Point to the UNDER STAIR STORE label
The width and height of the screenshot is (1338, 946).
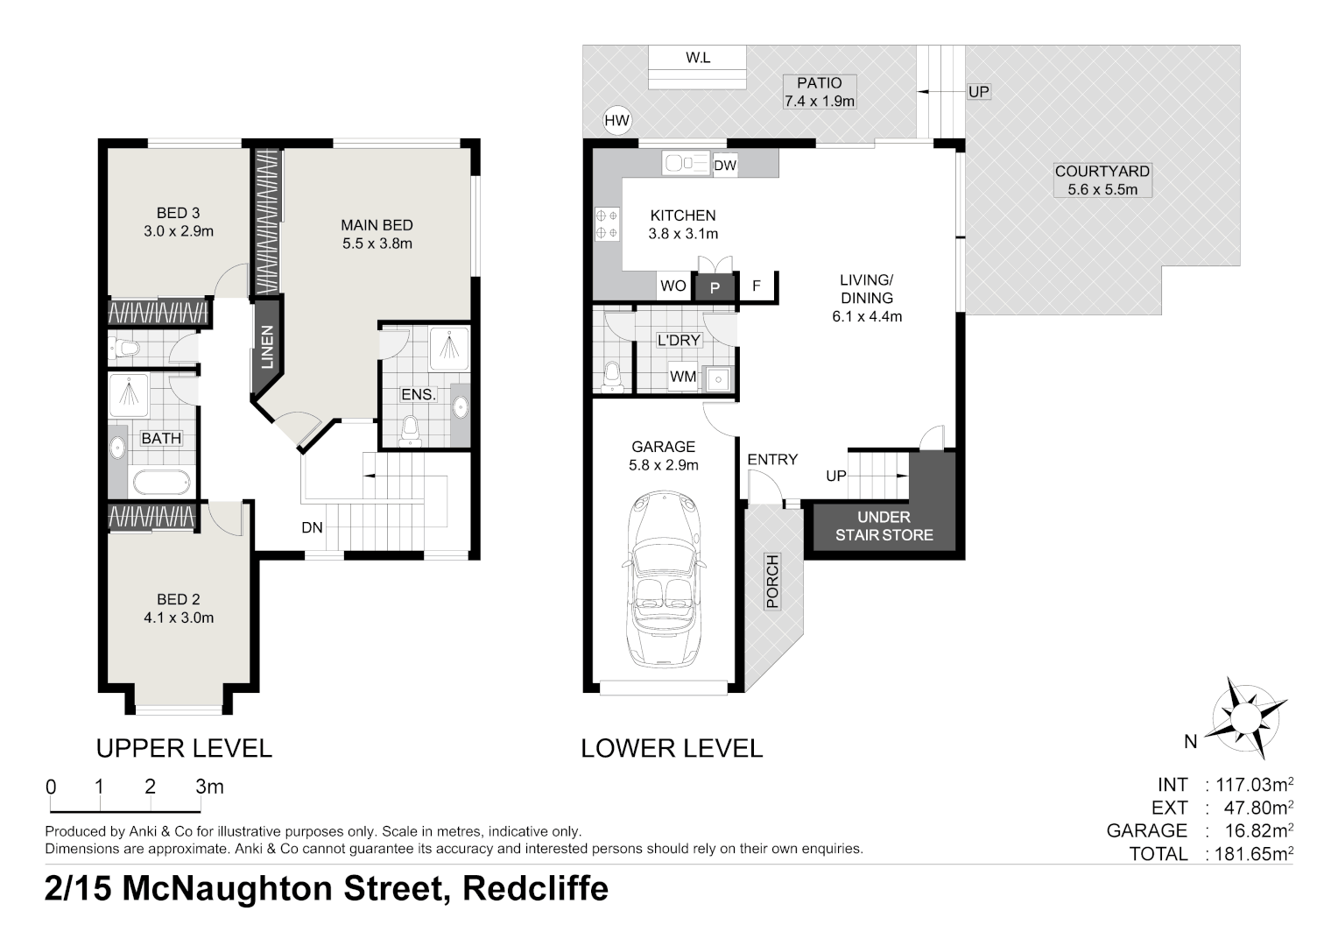coord(884,526)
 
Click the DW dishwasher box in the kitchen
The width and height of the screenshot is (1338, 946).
coord(724,166)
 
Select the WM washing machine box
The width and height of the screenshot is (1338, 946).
coord(683,377)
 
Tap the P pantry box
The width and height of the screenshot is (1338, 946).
coord(715,286)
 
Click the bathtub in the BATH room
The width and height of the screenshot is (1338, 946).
coord(161,483)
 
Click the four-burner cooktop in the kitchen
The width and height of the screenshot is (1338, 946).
coord(607,223)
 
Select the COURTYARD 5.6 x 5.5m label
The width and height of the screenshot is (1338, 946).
coord(1102,180)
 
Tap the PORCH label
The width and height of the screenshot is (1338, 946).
coord(772,581)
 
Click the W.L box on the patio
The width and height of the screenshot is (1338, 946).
coord(698,59)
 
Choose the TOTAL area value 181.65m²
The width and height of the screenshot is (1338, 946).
coord(1253,854)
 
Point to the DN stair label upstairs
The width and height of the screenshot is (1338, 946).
coord(312,527)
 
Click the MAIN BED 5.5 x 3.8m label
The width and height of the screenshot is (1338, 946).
coord(377,235)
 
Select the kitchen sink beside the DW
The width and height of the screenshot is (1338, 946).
coord(686,163)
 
